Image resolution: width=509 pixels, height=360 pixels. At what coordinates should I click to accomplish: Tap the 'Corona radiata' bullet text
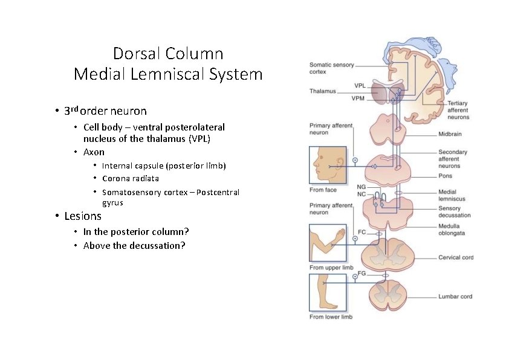(x=131, y=178)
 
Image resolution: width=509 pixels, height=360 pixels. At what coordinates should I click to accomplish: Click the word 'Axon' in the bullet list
(x=94, y=152)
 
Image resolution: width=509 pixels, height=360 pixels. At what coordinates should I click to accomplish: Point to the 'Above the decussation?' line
(x=134, y=245)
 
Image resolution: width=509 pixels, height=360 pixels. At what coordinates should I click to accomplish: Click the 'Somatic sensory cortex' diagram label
(x=331, y=68)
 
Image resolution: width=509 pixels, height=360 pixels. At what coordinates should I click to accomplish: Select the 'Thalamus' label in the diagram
(x=322, y=91)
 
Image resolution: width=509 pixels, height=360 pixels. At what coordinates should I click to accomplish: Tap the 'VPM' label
(x=359, y=98)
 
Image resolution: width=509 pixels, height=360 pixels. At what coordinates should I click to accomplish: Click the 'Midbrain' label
(x=451, y=133)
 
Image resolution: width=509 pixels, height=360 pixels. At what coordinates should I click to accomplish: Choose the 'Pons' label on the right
(x=445, y=176)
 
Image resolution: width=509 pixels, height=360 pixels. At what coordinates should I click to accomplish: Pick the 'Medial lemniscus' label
(x=452, y=195)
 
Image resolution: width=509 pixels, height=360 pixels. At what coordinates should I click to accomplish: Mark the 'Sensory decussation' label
(x=454, y=211)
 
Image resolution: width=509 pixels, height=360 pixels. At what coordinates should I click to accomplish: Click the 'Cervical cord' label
(x=455, y=257)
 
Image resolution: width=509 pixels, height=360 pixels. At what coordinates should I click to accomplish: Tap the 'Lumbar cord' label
(x=455, y=297)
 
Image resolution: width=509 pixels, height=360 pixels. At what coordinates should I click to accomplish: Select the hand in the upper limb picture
(x=340, y=234)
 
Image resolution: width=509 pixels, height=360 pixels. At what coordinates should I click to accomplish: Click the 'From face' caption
(x=323, y=190)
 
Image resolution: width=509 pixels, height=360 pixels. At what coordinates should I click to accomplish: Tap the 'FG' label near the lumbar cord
(x=361, y=274)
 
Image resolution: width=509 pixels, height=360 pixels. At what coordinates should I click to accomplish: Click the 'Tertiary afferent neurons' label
(x=458, y=110)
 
